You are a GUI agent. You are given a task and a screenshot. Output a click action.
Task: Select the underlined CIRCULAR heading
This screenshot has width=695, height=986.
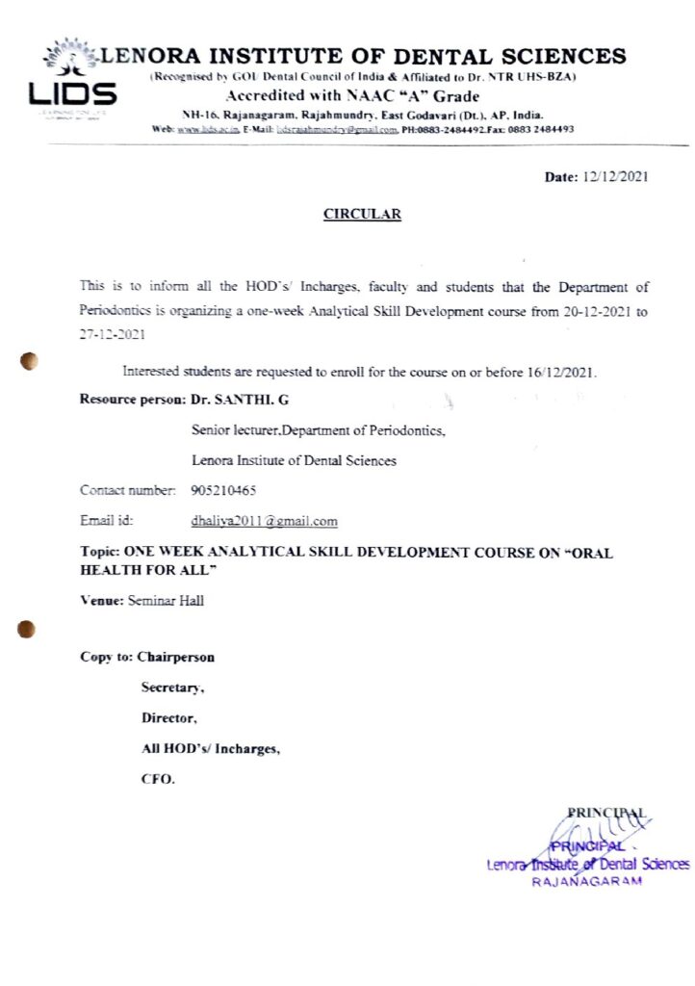coord(362,215)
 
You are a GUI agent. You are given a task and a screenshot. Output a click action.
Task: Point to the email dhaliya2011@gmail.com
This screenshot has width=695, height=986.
coord(265,521)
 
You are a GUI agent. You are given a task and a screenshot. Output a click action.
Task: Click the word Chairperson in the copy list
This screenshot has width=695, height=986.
coord(175,658)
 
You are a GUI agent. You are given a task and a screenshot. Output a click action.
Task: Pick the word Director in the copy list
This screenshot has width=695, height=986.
coord(168,718)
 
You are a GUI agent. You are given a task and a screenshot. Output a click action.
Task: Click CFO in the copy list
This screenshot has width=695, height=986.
coord(158,779)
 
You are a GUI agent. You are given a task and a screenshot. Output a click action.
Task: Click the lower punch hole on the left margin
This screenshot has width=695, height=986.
coord(27,629)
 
